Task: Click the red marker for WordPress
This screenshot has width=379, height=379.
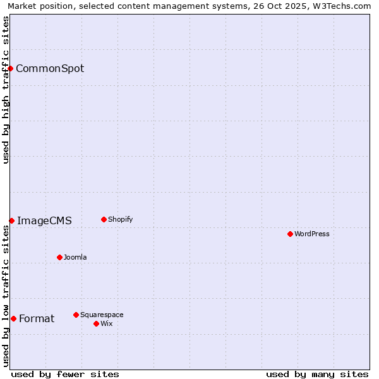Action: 290,234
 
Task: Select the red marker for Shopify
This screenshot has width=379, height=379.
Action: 104,219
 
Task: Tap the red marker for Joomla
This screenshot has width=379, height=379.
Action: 59,257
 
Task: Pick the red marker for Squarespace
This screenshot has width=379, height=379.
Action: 76,315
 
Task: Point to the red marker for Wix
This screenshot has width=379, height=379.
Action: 96,323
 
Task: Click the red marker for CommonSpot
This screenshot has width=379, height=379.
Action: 11,68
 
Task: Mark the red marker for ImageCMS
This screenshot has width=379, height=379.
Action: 11,220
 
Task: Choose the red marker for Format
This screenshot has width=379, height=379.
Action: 13,318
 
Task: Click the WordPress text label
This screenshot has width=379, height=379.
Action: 312,234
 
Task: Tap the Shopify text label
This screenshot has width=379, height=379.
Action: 120,219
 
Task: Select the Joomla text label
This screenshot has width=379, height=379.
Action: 75,257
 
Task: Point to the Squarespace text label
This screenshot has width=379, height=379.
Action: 102,315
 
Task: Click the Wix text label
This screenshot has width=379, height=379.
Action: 107,323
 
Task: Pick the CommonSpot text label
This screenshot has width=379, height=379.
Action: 50,68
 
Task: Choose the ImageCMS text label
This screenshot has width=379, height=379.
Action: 44,220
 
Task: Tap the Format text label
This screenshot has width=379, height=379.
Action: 37,318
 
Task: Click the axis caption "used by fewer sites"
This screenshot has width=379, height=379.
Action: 65,374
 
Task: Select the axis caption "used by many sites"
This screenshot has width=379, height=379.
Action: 317,374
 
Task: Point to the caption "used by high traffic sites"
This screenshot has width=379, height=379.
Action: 6,90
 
